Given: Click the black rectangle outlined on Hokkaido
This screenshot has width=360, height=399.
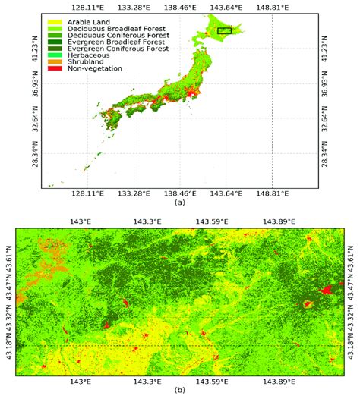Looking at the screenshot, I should coord(224,30).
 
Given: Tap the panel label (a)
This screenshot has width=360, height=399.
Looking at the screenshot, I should coord(179,203).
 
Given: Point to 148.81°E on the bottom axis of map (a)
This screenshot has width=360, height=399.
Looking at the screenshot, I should coord(273,194).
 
